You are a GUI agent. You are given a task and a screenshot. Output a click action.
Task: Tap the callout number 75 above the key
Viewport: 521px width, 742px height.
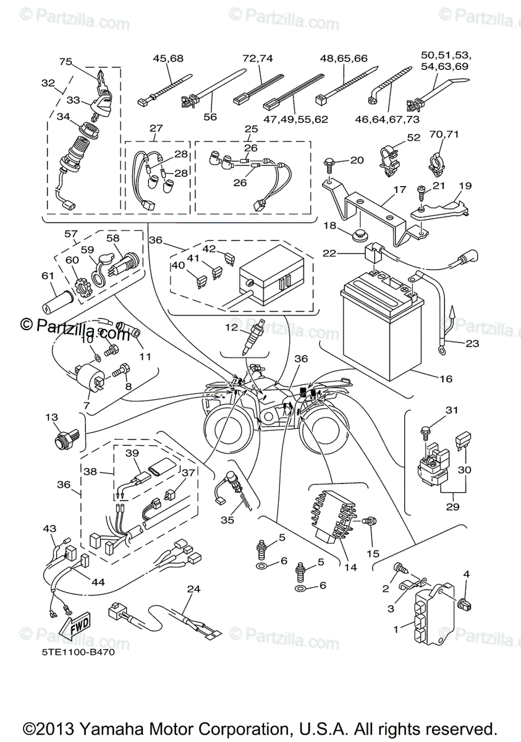[66, 62]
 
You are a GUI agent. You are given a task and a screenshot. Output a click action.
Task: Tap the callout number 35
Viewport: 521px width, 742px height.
[227, 520]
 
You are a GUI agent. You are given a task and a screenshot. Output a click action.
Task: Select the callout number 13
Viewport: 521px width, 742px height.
[51, 417]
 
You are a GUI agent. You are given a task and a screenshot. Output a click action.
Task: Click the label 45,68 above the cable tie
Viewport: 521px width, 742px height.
[168, 59]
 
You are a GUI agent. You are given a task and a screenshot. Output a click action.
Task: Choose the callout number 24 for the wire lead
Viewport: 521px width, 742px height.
[194, 589]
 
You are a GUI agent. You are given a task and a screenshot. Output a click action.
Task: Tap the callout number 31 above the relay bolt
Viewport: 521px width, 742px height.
[452, 410]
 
